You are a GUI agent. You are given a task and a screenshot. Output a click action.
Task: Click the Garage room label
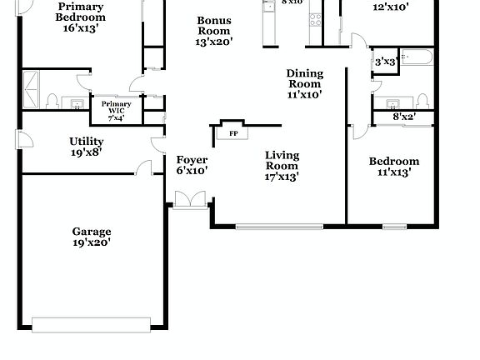click(x=92, y=237)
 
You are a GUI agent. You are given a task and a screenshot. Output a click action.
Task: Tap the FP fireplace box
click(x=232, y=132)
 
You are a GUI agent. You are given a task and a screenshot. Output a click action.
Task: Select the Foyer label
click(x=192, y=165)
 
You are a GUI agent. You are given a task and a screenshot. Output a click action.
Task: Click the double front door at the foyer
click(x=190, y=199)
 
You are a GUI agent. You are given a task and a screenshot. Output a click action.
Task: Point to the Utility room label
click(x=87, y=147)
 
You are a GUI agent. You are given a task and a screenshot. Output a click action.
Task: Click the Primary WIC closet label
click(x=117, y=110)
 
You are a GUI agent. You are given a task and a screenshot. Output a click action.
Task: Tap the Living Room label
click(x=282, y=166)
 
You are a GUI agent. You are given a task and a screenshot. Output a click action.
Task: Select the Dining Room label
click(x=304, y=83)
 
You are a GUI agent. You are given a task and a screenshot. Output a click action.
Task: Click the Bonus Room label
click(x=214, y=31)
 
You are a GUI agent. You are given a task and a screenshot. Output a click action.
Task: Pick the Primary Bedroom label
click(x=81, y=17)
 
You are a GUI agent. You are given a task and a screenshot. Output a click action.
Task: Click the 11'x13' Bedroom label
click(x=394, y=167)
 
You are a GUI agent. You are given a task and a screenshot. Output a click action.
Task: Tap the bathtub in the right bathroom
click(x=417, y=57)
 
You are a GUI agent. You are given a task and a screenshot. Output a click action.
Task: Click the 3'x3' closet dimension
click(x=384, y=62)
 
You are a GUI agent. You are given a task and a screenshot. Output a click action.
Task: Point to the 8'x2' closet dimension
click(x=404, y=117)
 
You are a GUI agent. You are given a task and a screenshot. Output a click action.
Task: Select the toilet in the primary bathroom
click(x=52, y=102)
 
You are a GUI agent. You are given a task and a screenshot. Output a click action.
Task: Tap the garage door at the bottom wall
click(x=91, y=324)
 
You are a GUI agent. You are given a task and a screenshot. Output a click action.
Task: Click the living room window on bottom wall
click(x=279, y=226)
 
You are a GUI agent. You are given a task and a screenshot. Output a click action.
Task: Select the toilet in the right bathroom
click(x=422, y=101)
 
